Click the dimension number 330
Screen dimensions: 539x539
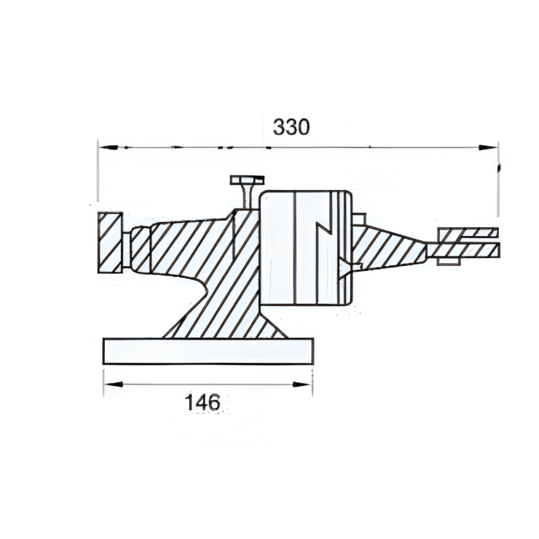coord(291,127)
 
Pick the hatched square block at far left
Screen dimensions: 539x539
coord(110,243)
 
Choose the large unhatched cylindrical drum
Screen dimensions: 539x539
coord(306,248)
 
